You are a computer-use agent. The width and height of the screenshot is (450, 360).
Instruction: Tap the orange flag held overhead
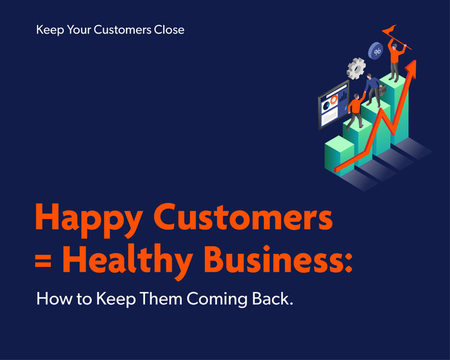coord(389,31)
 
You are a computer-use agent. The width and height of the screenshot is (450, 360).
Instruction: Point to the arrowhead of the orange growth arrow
coord(411,68)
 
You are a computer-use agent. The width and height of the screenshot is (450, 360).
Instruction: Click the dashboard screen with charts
coord(332,105)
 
